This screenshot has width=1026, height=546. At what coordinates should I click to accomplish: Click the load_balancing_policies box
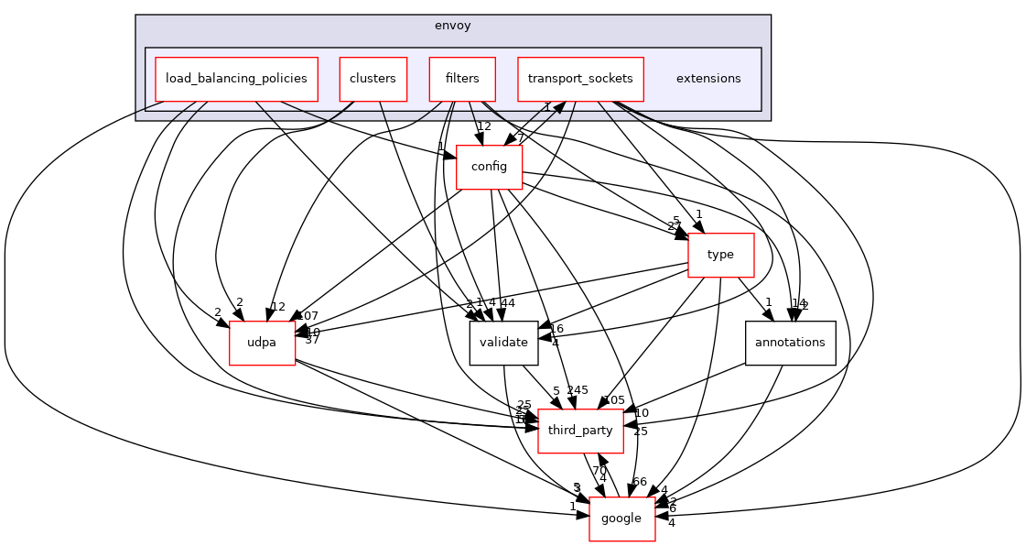point(236,79)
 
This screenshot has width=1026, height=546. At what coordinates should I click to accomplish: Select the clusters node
point(373,79)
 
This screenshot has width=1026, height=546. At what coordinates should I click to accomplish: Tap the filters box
point(462,79)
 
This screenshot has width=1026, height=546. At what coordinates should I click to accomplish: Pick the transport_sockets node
point(580,79)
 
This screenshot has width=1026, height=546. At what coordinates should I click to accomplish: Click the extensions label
point(708,79)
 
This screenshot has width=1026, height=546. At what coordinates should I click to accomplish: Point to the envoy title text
point(452,26)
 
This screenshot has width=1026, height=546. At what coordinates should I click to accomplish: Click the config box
point(489,167)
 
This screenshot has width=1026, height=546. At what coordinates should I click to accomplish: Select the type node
point(720,255)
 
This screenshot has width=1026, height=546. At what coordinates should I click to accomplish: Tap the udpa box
point(262,343)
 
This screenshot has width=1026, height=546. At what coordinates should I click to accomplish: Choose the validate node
point(503,343)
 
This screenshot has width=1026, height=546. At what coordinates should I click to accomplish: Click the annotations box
point(790,343)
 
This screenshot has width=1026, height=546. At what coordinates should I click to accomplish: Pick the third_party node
point(580,431)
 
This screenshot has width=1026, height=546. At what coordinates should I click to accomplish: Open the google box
point(622,519)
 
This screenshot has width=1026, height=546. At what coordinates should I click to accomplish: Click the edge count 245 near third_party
point(578,390)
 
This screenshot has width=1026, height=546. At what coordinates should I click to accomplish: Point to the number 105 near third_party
point(613,400)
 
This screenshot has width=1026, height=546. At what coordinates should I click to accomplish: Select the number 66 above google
point(639,482)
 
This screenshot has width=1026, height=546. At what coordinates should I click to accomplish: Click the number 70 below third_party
point(599,470)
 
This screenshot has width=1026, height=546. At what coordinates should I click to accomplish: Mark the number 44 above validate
point(508,303)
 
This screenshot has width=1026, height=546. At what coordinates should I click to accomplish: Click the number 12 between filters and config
point(484,126)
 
